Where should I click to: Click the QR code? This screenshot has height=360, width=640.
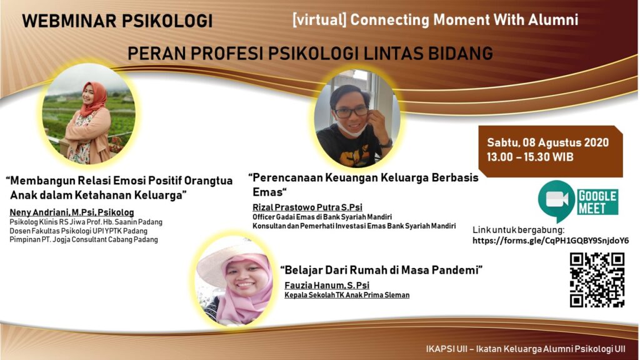pyautogui.click(x=597, y=280)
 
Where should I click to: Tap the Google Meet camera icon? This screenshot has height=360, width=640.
pyautogui.click(x=556, y=200)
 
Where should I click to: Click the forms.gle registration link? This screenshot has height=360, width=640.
pyautogui.click(x=551, y=241)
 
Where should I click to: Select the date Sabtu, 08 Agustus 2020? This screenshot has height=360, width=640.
pyautogui.click(x=547, y=142)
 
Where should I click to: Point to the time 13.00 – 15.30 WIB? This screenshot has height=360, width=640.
pyautogui.click(x=530, y=157)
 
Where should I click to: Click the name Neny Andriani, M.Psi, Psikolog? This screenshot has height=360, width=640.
pyautogui.click(x=72, y=212)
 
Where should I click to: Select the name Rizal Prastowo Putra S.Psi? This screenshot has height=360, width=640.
pyautogui.click(x=307, y=207)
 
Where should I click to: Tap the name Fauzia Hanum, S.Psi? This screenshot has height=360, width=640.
pyautogui.click(x=327, y=285)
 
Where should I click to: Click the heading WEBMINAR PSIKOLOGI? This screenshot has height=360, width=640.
pyautogui.click(x=117, y=21)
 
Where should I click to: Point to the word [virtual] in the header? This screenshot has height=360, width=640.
pyautogui.click(x=319, y=19)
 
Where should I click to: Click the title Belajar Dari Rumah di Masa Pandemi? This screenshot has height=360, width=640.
pyautogui.click(x=381, y=270)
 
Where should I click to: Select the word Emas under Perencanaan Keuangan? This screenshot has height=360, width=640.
pyautogui.click(x=267, y=192)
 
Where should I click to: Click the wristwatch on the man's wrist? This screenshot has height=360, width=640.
pyautogui.click(x=386, y=144)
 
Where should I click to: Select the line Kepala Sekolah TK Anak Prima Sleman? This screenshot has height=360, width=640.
pyautogui.click(x=347, y=295)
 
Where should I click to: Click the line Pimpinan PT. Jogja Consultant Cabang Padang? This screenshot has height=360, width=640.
pyautogui.click(x=84, y=239)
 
